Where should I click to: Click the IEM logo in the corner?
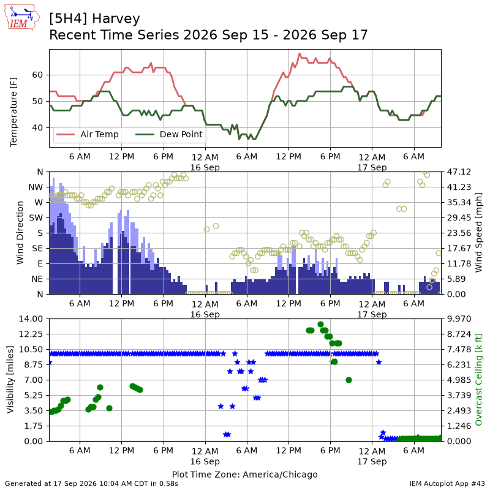click(21, 18)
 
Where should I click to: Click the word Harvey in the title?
click(116, 19)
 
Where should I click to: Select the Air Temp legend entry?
click(88, 134)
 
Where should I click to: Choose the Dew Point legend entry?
click(169, 134)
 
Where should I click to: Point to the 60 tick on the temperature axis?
click(37, 75)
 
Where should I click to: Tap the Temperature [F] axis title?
click(13, 112)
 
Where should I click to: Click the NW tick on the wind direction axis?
click(36, 187)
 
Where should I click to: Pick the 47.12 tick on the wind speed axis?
click(459, 172)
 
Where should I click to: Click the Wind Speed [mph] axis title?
click(478, 233)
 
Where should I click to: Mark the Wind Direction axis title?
click(20, 233)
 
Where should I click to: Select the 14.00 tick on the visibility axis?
click(31, 318)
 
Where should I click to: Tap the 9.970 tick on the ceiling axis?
click(459, 318)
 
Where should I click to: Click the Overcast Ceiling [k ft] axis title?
click(478, 380)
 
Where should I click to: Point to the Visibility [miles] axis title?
click(10, 380)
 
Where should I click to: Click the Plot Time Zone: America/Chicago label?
click(244, 474)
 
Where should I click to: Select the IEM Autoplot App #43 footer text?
click(447, 484)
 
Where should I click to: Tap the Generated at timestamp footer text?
click(91, 484)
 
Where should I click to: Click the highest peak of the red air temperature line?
click(300, 53)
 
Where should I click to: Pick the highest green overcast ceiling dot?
click(320, 325)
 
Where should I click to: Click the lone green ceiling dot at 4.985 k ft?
click(349, 380)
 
